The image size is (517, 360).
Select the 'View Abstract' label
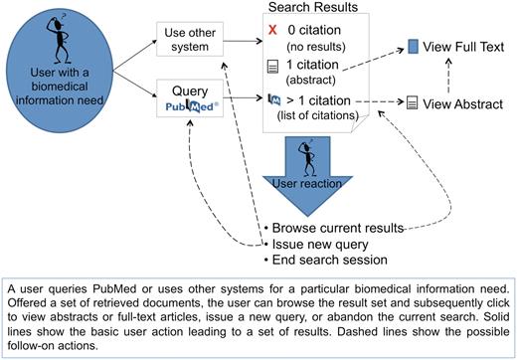point(459,101)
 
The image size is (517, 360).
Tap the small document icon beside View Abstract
point(411,101)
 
